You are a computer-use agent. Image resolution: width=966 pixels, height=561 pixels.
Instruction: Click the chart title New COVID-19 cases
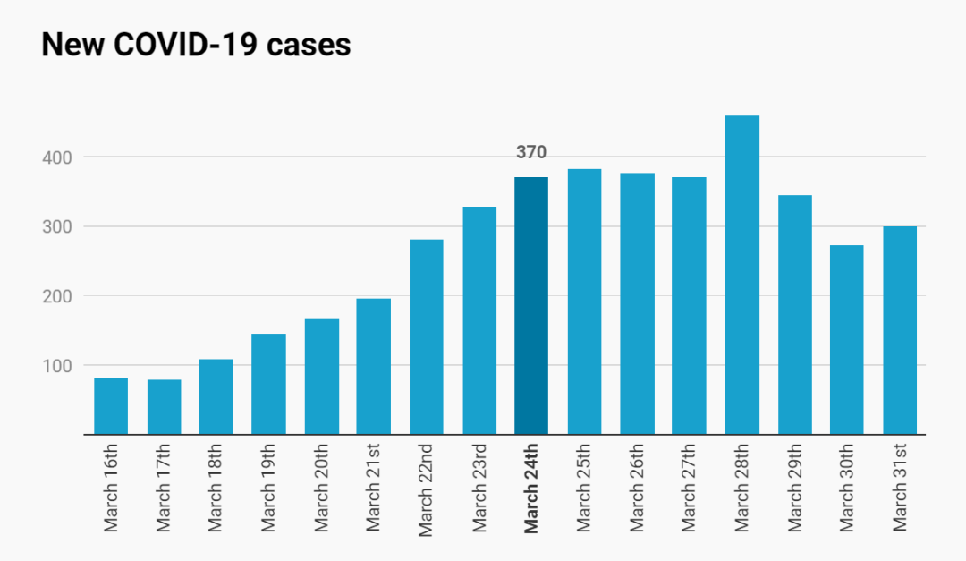[x=196, y=45]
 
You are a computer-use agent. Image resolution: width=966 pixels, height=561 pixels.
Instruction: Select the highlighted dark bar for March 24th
[x=531, y=306]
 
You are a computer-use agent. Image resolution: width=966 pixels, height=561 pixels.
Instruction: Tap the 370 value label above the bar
[x=531, y=152]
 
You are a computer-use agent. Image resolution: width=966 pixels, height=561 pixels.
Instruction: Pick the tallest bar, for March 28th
[x=741, y=275]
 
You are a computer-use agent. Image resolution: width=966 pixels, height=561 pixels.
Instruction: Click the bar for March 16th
[x=111, y=406]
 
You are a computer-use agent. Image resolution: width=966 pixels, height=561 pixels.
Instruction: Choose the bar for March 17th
[x=164, y=407]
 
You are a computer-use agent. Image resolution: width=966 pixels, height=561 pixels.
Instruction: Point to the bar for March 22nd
[x=427, y=337]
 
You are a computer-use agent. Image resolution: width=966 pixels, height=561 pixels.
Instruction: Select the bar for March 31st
[x=900, y=330]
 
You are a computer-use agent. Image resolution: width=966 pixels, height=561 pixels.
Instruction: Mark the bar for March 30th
[x=846, y=340]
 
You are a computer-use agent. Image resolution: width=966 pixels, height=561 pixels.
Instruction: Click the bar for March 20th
[x=322, y=376]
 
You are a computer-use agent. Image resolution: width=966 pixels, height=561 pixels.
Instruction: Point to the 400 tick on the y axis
[x=56, y=157]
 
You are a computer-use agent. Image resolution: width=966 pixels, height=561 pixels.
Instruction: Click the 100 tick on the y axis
[x=56, y=366]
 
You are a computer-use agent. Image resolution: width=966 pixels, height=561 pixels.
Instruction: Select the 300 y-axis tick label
[x=56, y=227]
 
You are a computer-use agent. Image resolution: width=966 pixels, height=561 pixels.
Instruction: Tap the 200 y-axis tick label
[x=56, y=296]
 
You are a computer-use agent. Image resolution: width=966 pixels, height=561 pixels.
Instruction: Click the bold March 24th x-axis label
[x=530, y=489]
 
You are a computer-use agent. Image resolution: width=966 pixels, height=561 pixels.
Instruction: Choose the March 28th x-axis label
[x=741, y=488]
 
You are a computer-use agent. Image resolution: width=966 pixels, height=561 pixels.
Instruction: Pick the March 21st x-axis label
[x=373, y=487]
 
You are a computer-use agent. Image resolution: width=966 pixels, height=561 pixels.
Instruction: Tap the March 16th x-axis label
[x=110, y=488]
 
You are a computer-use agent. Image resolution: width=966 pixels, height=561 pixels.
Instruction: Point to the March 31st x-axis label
[x=900, y=487]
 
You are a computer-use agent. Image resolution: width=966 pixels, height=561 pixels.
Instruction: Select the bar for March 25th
[x=584, y=302]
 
